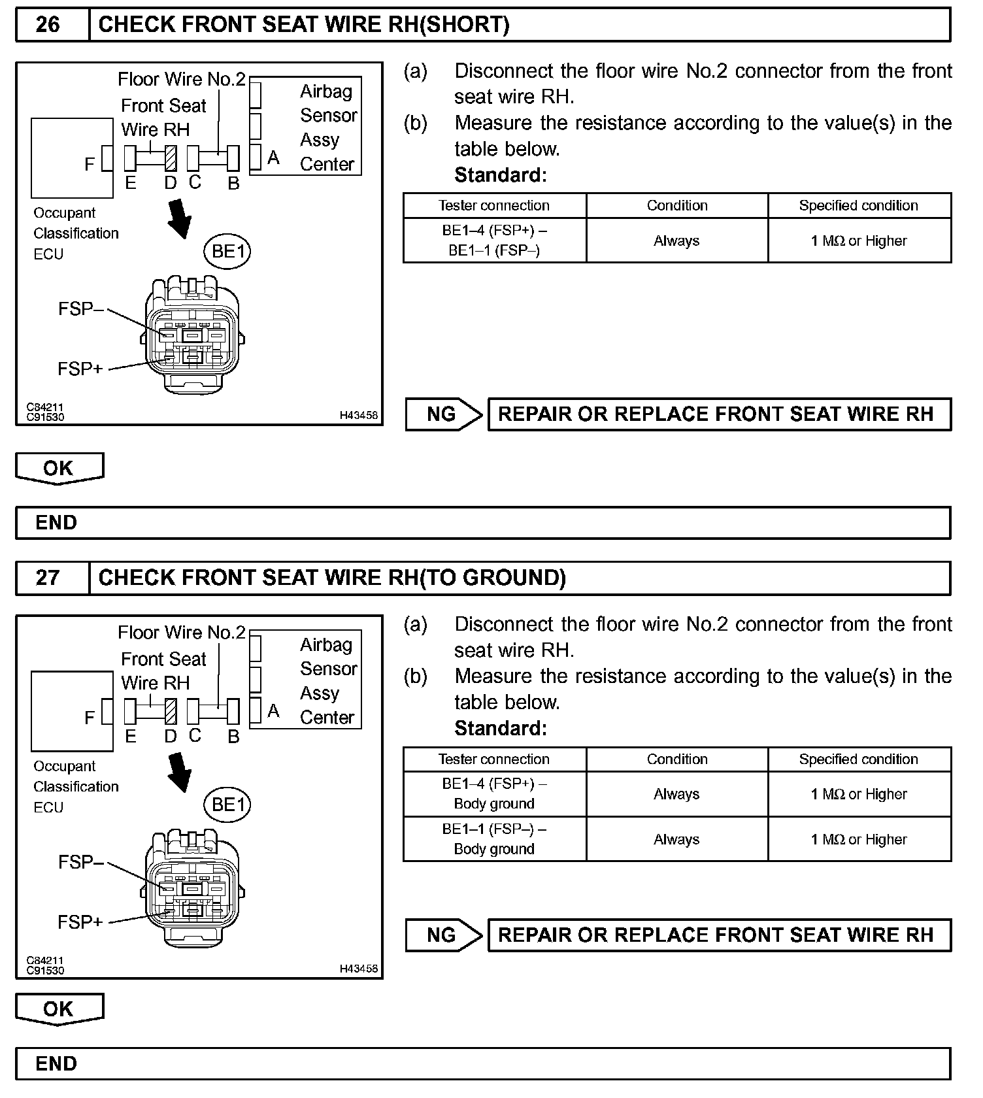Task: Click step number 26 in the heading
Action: (48, 25)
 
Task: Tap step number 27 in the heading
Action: (48, 578)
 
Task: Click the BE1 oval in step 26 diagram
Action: (227, 252)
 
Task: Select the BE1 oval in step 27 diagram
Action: (227, 805)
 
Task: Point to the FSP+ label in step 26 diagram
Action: (80, 369)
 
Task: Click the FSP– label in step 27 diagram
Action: (80, 863)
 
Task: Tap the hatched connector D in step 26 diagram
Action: (171, 158)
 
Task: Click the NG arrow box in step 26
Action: (443, 414)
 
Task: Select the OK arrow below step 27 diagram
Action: (59, 1009)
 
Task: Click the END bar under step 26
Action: (483, 523)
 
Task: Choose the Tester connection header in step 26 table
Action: (494, 206)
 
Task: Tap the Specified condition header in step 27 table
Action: (858, 759)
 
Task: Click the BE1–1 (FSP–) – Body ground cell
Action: (494, 839)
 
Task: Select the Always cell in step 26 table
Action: (676, 241)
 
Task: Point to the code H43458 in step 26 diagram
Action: (358, 415)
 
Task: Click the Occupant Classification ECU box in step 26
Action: (72, 158)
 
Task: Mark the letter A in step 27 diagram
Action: (274, 710)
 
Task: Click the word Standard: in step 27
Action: (501, 729)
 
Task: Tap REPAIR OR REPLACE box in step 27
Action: (719, 935)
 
